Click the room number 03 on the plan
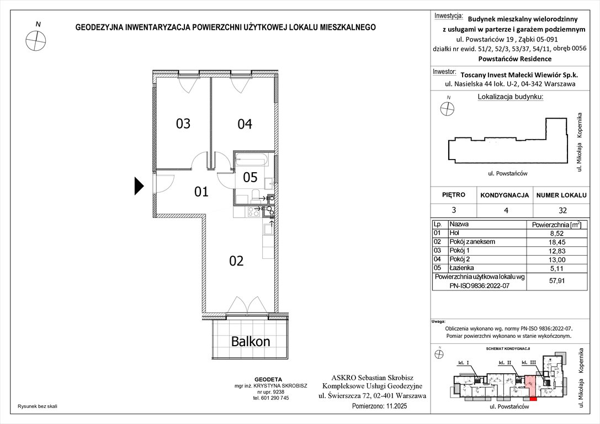click(x=183, y=124)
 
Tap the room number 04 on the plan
click(x=245, y=124)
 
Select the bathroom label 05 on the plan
click(x=250, y=177)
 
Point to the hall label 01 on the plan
click(x=201, y=192)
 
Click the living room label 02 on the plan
click(x=236, y=261)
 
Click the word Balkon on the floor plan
click(x=251, y=342)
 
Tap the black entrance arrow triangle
click(x=139, y=186)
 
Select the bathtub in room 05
click(x=251, y=161)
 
